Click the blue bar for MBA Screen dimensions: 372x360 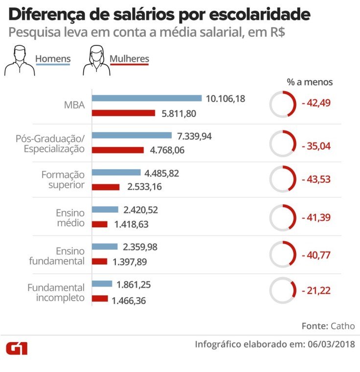pyautogui.click(x=147, y=98)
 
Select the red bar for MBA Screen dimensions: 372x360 pyautogui.click(x=123, y=112)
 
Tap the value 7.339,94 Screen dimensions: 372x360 pyautogui.click(x=194, y=136)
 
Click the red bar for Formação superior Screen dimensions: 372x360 pyautogui.click(x=106, y=187)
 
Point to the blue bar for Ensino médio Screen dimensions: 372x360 pyautogui.click(x=105, y=210)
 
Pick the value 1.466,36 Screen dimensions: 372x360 pyautogui.click(x=129, y=300)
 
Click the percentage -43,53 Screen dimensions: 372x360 pyautogui.click(x=316, y=179)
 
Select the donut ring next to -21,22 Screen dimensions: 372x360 pyautogui.click(x=283, y=290)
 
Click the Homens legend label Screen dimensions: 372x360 pyautogui.click(x=53, y=59)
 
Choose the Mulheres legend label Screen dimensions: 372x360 pyautogui.click(x=129, y=59)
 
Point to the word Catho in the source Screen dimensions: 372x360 pyautogui.click(x=342, y=326)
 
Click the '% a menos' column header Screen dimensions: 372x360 pyautogui.click(x=310, y=82)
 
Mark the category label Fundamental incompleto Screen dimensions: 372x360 pyautogui.click(x=56, y=292)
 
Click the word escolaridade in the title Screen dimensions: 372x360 pyautogui.click(x=260, y=14)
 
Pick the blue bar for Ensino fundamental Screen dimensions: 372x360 pyautogui.click(x=105, y=247)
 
